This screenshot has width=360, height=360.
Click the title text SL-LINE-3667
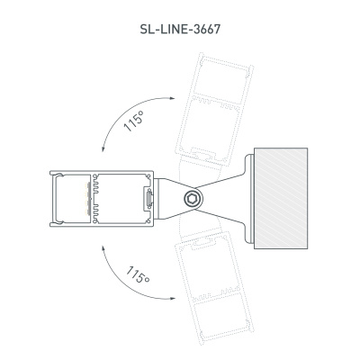pyautogui.click(x=180, y=28)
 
